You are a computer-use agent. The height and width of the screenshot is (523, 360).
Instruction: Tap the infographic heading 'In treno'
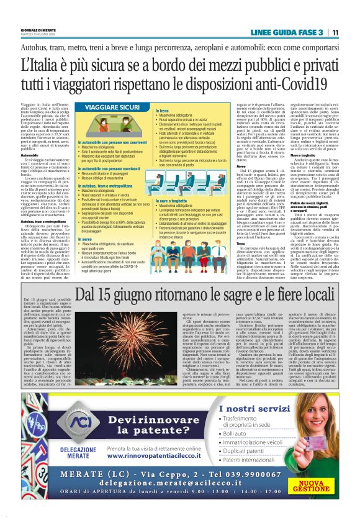(x=163, y=110)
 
